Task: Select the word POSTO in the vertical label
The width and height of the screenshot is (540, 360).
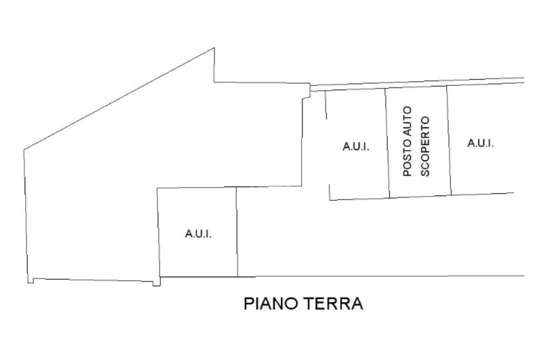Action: click(408, 159)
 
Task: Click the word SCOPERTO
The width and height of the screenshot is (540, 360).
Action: click(426, 146)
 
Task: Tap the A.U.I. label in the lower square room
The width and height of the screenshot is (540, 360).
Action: click(198, 234)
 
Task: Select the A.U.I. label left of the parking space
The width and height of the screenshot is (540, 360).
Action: click(356, 147)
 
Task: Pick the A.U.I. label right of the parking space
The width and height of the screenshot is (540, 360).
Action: click(480, 143)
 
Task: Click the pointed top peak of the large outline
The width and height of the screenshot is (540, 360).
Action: click(214, 48)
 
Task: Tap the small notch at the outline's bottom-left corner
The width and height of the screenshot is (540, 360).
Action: click(31, 280)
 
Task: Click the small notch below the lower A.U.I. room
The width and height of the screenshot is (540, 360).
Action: click(156, 283)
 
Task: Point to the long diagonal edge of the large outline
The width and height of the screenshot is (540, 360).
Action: click(119, 99)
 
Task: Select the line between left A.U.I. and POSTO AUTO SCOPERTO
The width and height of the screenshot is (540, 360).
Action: click(387, 142)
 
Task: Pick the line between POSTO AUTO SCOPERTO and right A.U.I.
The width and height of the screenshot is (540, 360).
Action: click(449, 140)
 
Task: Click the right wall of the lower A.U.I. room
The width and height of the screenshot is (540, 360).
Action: click(237, 232)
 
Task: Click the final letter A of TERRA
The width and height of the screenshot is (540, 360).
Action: click(357, 304)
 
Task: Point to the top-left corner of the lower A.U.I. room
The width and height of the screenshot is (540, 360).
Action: click(157, 188)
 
